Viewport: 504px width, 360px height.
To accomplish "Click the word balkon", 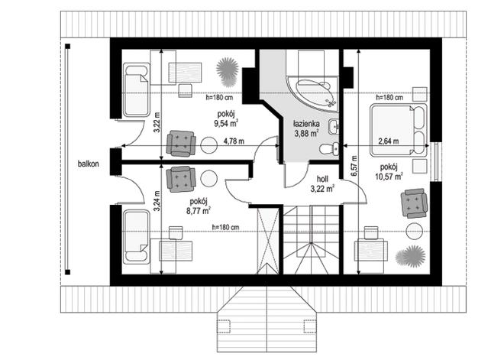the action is [88, 164].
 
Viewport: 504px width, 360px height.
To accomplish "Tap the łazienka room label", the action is [306, 124].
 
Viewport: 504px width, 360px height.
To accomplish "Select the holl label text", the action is [322, 179].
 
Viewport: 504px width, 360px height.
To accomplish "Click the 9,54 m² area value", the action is [226, 123].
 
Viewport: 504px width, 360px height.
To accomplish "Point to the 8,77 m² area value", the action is [199, 211].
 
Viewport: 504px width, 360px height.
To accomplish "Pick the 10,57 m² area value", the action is [389, 177].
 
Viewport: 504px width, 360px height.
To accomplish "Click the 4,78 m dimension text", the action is [234, 141].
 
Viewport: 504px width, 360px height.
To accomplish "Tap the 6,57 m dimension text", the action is [354, 166].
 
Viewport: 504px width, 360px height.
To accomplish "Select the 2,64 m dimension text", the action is [389, 141].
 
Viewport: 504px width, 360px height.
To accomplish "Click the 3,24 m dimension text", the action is [157, 201].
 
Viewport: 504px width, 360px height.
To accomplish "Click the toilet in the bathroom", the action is [329, 148].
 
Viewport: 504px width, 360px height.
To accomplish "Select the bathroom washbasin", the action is [333, 126].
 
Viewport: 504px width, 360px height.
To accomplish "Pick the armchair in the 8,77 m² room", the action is [181, 179].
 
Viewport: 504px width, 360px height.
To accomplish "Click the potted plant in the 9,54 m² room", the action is [228, 72].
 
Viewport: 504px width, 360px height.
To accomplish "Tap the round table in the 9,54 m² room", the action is [209, 145].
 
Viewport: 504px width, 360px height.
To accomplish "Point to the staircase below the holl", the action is [311, 240].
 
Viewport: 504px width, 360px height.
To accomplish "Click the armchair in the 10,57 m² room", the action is [414, 203].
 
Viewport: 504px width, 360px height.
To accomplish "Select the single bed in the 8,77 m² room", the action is [137, 236].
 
